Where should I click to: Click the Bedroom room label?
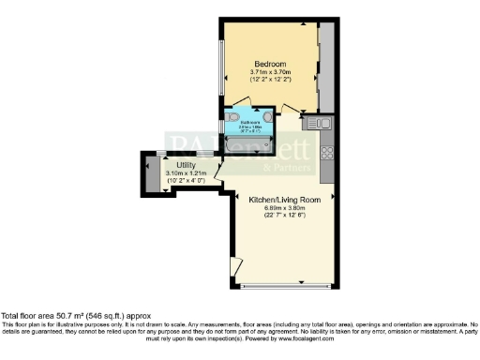[272, 63]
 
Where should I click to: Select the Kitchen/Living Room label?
[285, 200]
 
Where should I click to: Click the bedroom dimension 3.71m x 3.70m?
[272, 71]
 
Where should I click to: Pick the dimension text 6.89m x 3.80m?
[285, 208]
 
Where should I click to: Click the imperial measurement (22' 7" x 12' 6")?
[285, 217]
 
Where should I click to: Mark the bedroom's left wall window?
[222, 67]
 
